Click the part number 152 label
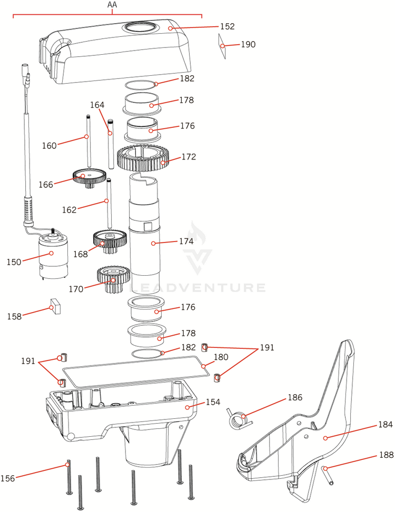pyautogui.click(x=228, y=26)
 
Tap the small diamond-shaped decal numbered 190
pyautogui.click(x=222, y=46)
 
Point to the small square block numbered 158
pyautogui.click(x=55, y=307)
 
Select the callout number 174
pyautogui.click(x=186, y=242)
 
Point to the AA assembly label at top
pyautogui.click(x=112, y=5)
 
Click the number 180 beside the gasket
pyautogui.click(x=221, y=357)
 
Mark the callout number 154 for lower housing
pyautogui.click(x=213, y=402)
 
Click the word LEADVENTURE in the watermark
pyautogui.click(x=198, y=287)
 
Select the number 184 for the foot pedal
pyautogui.click(x=386, y=425)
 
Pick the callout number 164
pyautogui.click(x=97, y=105)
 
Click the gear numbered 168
pyautogui.click(x=110, y=241)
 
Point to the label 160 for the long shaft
pyautogui.click(x=49, y=146)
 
